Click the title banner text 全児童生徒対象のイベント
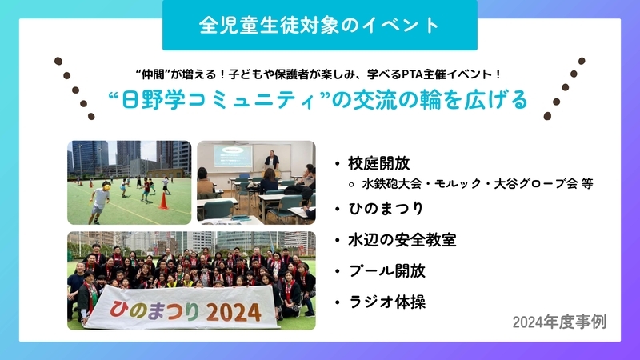(x=319, y=25)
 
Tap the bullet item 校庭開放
(x=378, y=163)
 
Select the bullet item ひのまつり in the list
(x=386, y=209)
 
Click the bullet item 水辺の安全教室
(x=402, y=240)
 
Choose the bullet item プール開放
(x=387, y=271)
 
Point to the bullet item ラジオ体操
(x=387, y=302)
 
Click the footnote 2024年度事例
(x=559, y=322)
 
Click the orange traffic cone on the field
(x=163, y=202)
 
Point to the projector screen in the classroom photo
(x=232, y=155)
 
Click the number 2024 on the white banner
(x=234, y=312)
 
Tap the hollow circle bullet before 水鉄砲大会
(x=351, y=185)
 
